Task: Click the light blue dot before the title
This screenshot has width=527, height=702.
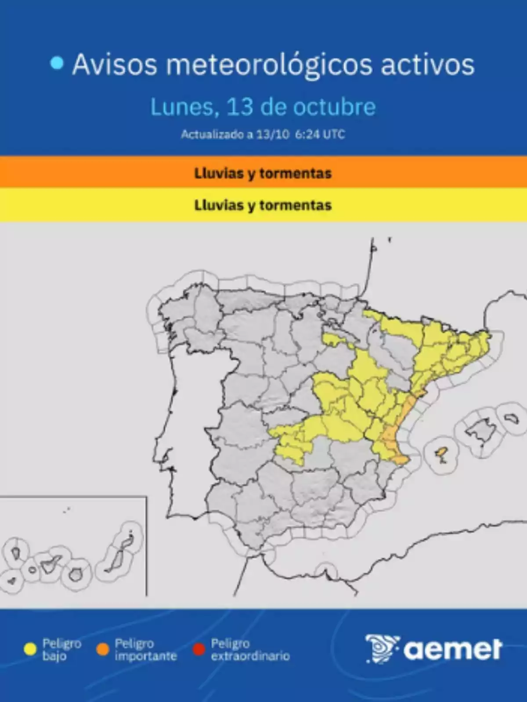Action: tap(57, 64)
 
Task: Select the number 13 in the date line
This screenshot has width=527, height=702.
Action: tap(239, 107)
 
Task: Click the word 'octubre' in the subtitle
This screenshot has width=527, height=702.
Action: tap(334, 107)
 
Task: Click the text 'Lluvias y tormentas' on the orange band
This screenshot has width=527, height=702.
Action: tap(263, 173)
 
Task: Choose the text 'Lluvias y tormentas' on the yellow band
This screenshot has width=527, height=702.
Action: tap(263, 205)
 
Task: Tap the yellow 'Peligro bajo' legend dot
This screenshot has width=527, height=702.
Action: tap(30, 649)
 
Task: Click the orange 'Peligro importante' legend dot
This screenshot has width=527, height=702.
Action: tap(102, 649)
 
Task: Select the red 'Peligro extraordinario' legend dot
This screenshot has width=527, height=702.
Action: tap(199, 649)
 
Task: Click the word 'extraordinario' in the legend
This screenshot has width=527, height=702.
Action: tap(250, 656)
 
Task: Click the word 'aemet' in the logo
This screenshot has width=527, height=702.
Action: tap(453, 650)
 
